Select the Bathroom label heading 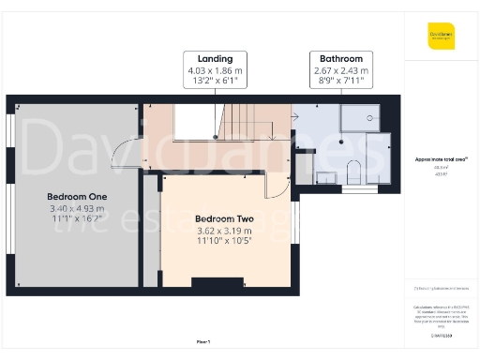tap(340, 58)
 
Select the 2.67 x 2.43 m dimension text tap(340, 69)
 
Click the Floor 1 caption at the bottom tap(203, 341)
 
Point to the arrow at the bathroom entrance tap(296, 118)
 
